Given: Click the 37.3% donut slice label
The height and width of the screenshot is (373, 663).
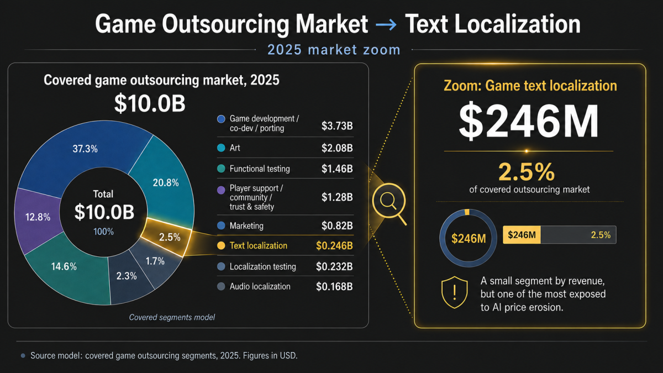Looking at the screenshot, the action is click(x=85, y=149).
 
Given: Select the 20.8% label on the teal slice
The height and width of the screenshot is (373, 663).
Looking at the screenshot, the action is click(x=166, y=183).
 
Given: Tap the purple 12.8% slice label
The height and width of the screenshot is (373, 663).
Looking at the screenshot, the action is click(x=38, y=217).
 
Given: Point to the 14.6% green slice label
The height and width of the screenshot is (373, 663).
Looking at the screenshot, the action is click(x=64, y=266).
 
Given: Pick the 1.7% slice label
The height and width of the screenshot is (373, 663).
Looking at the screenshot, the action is click(x=155, y=261).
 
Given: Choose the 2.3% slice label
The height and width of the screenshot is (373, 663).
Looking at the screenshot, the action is click(x=127, y=276).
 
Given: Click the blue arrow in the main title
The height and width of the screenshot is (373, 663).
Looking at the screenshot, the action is click(x=386, y=24).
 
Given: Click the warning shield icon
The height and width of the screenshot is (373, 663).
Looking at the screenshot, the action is click(x=455, y=292).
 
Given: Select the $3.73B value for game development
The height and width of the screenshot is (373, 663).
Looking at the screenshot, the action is click(x=337, y=126).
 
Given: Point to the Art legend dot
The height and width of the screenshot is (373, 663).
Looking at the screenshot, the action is click(x=221, y=148).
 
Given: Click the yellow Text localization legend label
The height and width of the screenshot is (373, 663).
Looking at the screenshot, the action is click(x=259, y=245).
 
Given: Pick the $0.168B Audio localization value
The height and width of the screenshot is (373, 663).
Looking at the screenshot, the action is click(x=334, y=286).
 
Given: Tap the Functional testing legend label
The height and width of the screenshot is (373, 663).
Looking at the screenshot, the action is click(x=260, y=169).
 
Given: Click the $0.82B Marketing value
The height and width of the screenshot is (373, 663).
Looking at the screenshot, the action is click(x=337, y=225).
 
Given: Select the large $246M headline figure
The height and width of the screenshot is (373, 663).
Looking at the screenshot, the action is click(x=529, y=121).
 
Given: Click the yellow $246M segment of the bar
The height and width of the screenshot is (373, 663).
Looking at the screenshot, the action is click(x=522, y=235).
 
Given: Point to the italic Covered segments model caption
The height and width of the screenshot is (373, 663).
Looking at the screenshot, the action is click(x=172, y=317).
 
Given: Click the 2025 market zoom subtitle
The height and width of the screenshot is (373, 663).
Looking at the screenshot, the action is click(x=334, y=50).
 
